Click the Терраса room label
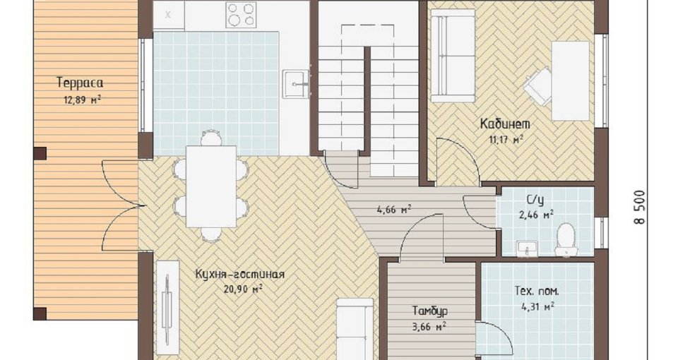pyautogui.click(x=80, y=82)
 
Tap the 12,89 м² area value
pyautogui.click(x=83, y=100)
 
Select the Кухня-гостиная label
pyautogui.click(x=240, y=275)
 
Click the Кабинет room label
pyautogui.click(x=505, y=124)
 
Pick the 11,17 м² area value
pyautogui.click(x=506, y=140)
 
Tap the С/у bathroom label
pyautogui.click(x=535, y=200)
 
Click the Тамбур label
pyautogui.click(x=430, y=311)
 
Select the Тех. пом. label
pyautogui.click(x=537, y=292)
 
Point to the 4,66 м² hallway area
pyautogui.click(x=394, y=210)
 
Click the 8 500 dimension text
pyautogui.click(x=640, y=208)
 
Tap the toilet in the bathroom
pyautogui.click(x=566, y=240)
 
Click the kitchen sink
pyautogui.click(x=296, y=83)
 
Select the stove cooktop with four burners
pyautogui.click(x=241, y=14)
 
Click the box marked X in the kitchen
pyautogui.click(x=169, y=15)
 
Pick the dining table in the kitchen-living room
pyautogui.click(x=211, y=186)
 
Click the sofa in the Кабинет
pyautogui.click(x=453, y=56)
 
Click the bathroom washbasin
pyautogui.click(x=527, y=249)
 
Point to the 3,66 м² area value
pyautogui.click(x=429, y=327)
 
